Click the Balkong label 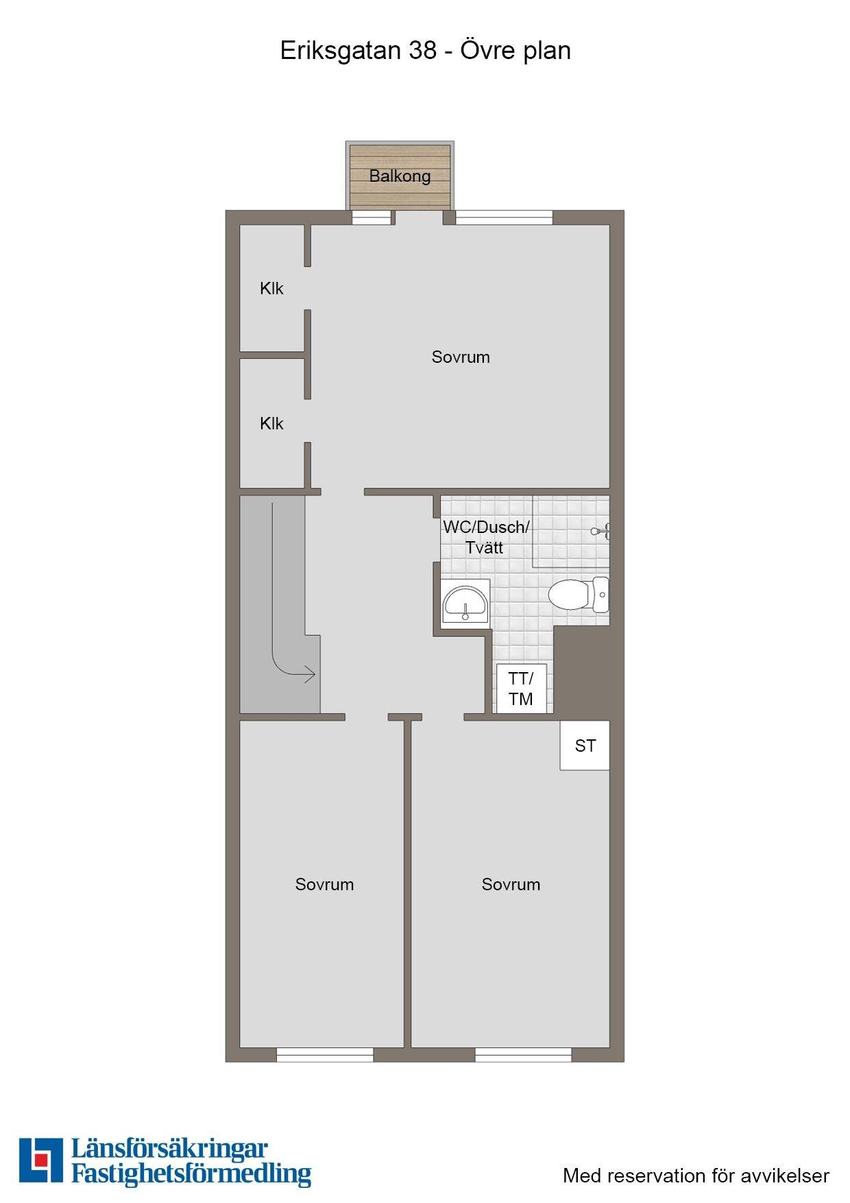[x=400, y=176]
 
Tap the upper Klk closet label [x=271, y=289]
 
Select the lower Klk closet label [x=271, y=424]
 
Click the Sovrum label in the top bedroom [x=461, y=357]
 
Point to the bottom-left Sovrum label [x=324, y=885]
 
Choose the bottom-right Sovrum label [x=511, y=885]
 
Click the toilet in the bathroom [x=579, y=594]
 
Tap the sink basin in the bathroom [x=465, y=603]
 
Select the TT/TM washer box [x=521, y=689]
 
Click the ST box [x=585, y=746]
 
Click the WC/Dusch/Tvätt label [x=486, y=538]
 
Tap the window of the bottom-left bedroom [x=325, y=1055]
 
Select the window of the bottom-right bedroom [x=523, y=1055]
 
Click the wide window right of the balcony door [x=504, y=217]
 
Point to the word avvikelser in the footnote [x=785, y=1176]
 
